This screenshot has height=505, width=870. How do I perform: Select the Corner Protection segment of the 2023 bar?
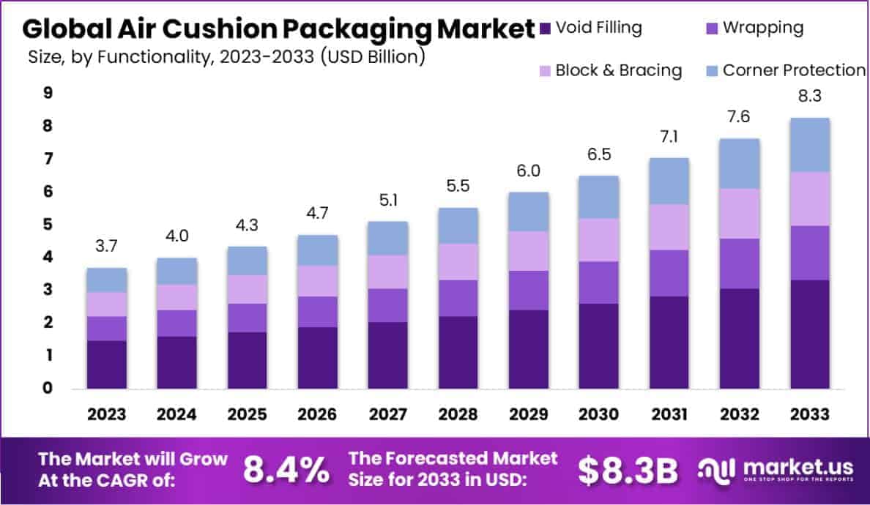click(107, 280)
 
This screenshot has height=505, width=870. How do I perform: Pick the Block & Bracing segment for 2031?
click(669, 227)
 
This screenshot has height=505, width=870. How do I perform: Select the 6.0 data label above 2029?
click(529, 171)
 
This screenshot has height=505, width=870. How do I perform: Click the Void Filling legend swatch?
click(544, 29)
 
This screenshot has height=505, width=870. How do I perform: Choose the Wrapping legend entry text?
click(762, 28)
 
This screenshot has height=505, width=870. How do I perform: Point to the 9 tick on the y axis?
click(48, 93)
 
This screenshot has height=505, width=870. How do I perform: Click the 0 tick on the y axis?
click(48, 388)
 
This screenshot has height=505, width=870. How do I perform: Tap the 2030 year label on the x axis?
click(599, 414)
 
